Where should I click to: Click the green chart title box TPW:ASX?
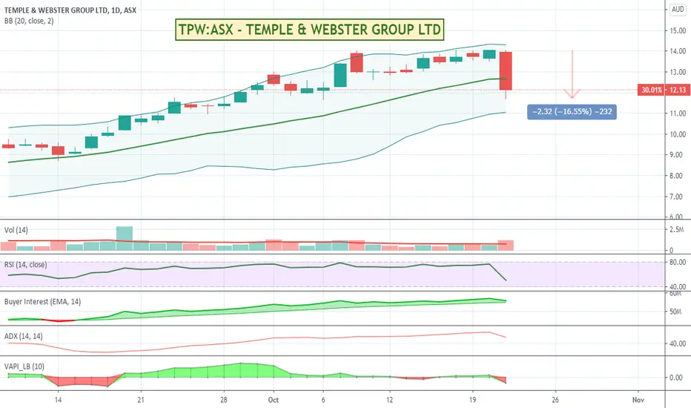coord(309,30)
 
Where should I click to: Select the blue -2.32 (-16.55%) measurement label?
coord(572,111)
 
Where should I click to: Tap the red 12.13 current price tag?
coord(664,90)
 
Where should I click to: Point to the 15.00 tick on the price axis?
coord(678,30)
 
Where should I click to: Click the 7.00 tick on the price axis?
coord(678,197)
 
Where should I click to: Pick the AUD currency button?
coord(678,9)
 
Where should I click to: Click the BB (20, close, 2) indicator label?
coord(29,21)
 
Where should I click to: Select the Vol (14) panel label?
coord(16,230)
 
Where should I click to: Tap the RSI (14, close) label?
coord(25,265)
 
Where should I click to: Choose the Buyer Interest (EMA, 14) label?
coord(43,302)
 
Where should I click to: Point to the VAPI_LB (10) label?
coord(24,366)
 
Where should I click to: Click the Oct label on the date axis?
coord(274,400)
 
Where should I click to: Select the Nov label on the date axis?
coord(638,400)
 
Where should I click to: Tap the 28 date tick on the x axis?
coord(224,400)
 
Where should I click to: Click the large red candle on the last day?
coord(506,71)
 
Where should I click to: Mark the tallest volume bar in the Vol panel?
coord(125,239)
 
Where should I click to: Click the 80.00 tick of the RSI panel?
coord(678,262)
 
